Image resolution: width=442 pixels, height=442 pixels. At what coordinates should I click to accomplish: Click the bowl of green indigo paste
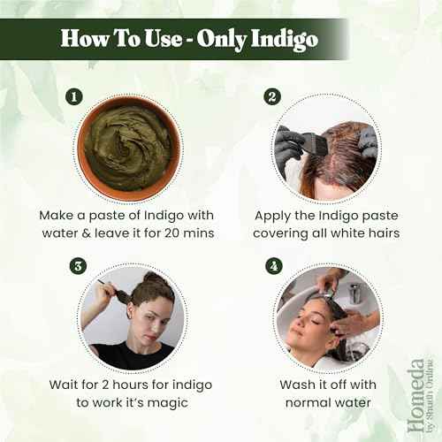coord(129,147)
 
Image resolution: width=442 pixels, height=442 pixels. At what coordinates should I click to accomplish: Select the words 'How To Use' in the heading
coord(119,39)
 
